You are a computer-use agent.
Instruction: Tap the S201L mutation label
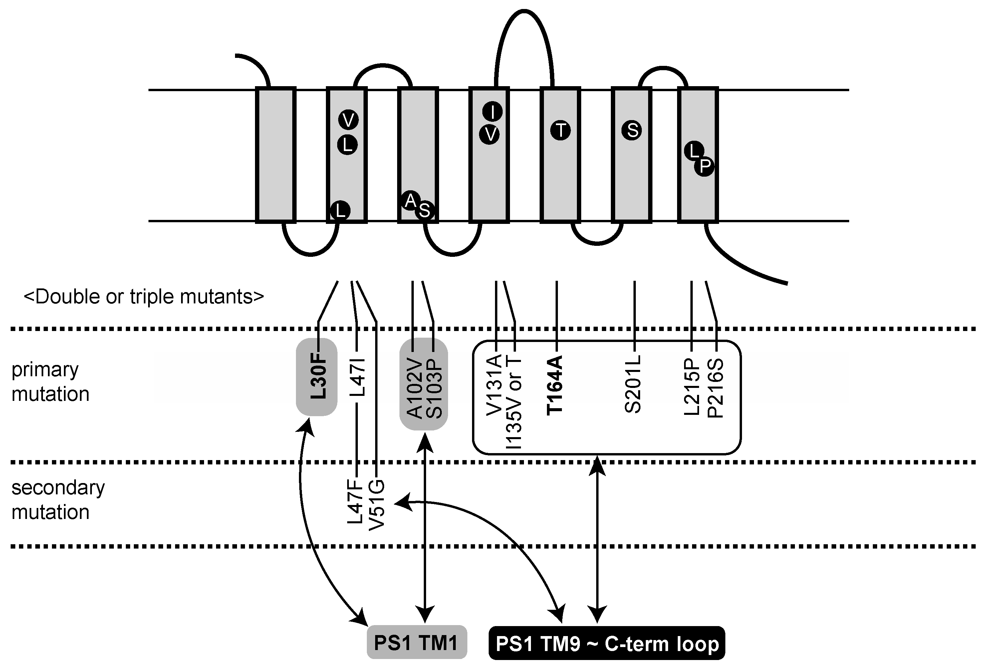(633, 385)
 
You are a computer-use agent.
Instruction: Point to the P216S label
(716, 389)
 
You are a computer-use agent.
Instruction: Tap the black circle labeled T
(561, 130)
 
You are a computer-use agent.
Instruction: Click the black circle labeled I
(492, 112)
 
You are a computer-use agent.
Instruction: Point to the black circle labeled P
(704, 166)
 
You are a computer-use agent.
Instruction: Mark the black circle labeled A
(410, 200)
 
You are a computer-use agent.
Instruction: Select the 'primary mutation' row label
(50, 382)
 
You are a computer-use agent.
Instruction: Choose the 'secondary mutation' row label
(58, 500)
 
